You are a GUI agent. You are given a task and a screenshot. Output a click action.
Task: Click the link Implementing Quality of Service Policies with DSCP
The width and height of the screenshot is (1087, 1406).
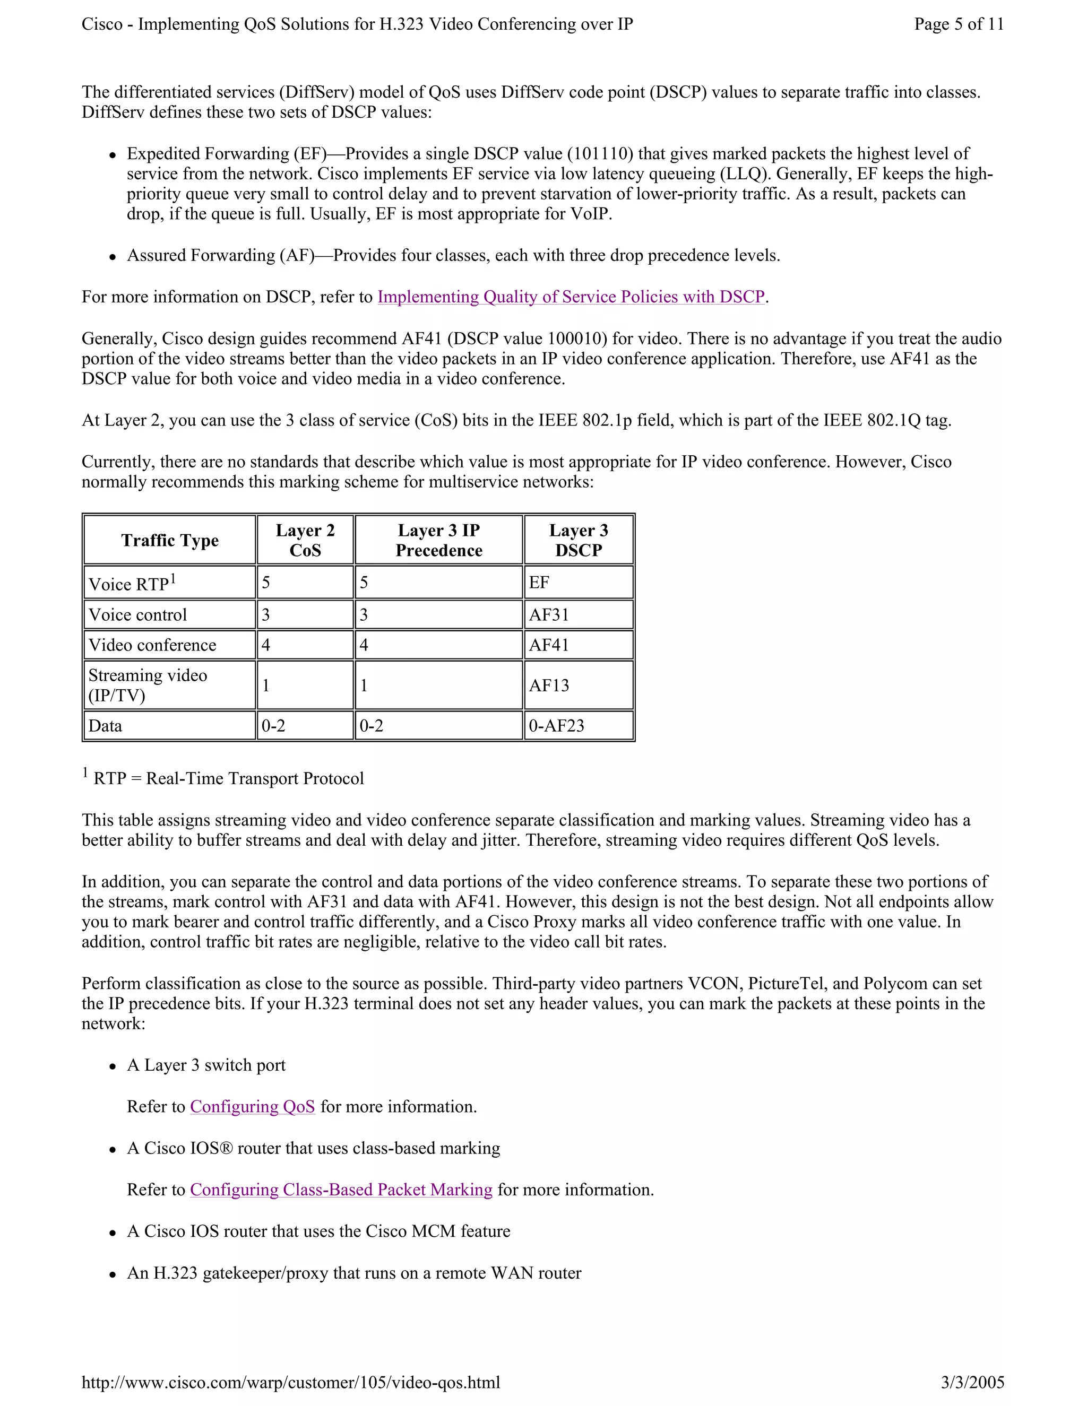coord(571,297)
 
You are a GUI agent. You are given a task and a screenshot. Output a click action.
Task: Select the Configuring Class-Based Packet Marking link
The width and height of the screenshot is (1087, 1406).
coord(341,1189)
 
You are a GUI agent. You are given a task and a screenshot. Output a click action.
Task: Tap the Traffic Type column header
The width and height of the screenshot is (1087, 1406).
coord(170,540)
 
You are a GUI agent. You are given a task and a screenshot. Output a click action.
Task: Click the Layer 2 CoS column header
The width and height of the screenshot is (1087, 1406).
coord(305,540)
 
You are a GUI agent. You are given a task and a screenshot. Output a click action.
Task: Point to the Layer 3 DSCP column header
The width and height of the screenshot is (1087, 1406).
coord(579,540)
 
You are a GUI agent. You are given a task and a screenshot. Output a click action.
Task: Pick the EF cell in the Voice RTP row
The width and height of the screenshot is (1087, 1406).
coord(539,583)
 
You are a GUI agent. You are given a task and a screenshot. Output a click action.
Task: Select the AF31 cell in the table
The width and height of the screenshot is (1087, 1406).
coord(549,615)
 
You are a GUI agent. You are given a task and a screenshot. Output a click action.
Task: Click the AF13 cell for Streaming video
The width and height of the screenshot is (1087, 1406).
coord(549,685)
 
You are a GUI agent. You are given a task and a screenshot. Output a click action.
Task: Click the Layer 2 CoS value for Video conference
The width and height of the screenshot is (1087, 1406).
coord(266,645)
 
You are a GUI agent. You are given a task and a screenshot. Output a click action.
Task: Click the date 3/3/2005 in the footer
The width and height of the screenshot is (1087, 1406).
coord(972,1382)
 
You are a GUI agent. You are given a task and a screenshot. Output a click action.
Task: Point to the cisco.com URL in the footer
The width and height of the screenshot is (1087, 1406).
coord(290,1382)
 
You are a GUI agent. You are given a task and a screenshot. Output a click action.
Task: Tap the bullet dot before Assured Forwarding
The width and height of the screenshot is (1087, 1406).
coord(113,257)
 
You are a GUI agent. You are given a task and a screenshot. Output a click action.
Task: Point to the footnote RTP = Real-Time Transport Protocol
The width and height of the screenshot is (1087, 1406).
coord(229,778)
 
